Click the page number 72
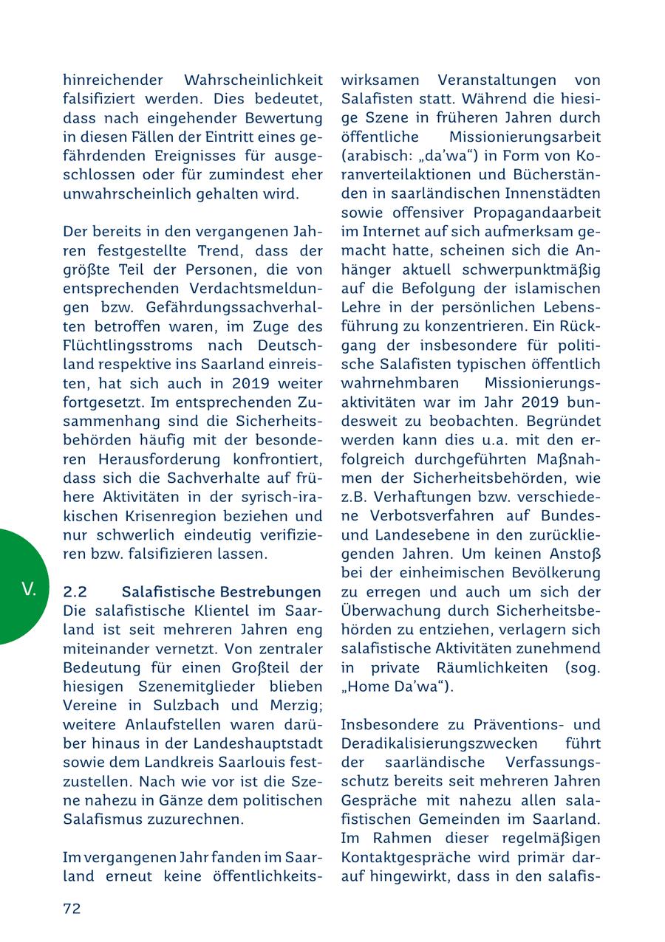(x=72, y=909)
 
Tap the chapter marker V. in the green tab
(x=29, y=589)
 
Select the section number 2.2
(x=75, y=592)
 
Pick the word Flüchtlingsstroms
(x=119, y=345)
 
